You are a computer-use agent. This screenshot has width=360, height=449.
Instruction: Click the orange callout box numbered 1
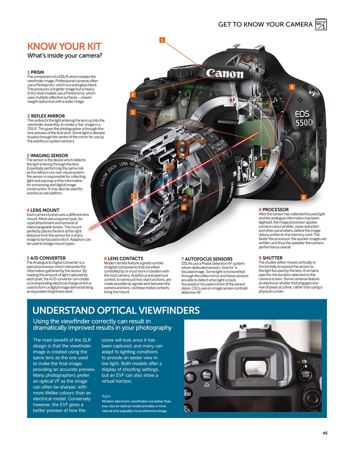(x=162, y=40)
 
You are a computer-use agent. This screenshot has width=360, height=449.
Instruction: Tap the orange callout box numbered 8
(x=292, y=87)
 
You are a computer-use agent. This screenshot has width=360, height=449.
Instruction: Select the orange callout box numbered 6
(x=304, y=197)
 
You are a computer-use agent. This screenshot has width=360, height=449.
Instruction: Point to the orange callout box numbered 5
(x=134, y=196)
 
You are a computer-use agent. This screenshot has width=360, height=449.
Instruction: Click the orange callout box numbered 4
(x=184, y=208)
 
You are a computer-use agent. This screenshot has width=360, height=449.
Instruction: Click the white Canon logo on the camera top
(x=225, y=73)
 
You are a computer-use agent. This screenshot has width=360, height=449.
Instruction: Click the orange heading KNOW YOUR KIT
(x=64, y=46)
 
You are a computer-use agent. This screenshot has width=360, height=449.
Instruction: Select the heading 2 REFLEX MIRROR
(x=46, y=116)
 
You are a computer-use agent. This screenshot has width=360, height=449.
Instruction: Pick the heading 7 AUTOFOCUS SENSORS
(x=207, y=259)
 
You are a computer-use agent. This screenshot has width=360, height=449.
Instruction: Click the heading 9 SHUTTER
(x=270, y=258)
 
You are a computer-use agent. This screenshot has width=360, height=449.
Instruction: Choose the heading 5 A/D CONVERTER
(x=46, y=258)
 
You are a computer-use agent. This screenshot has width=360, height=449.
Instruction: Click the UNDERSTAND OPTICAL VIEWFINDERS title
(x=116, y=310)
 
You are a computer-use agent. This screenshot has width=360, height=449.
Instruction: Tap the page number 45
(x=325, y=433)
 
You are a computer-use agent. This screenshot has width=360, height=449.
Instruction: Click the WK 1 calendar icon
(x=321, y=25)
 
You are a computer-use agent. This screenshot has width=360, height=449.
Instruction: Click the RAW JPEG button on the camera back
(x=207, y=376)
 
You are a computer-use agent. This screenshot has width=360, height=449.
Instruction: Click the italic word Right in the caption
(x=106, y=396)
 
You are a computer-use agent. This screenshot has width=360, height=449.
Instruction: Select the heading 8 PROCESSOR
(x=274, y=209)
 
